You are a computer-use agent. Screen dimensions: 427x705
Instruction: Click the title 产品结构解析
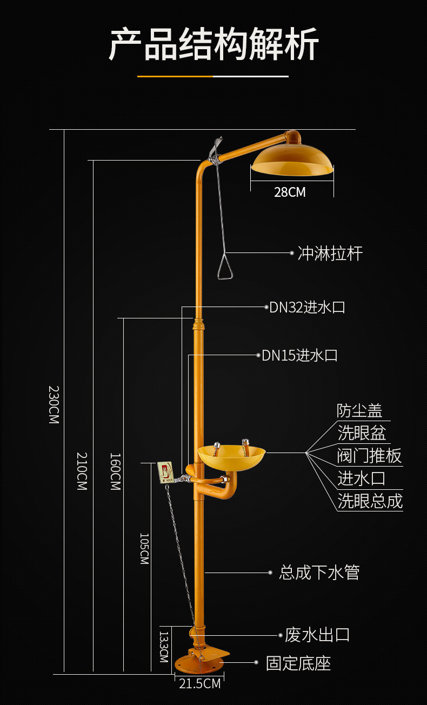213,44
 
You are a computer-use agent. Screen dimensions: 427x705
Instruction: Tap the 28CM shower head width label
290,192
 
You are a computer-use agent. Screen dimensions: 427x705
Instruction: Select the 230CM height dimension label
54,404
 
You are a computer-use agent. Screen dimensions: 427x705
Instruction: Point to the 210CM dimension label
82,471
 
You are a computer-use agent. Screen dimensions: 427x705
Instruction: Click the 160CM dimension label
115,471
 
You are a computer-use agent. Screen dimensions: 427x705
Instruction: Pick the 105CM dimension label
144,549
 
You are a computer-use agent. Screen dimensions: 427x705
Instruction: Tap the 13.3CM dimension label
164,647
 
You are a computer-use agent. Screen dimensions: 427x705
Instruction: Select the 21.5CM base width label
200,683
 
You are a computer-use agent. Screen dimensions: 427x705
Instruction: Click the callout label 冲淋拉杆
330,254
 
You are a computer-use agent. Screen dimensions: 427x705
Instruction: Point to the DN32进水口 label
307,308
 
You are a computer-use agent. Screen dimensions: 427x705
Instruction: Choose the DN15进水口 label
299,355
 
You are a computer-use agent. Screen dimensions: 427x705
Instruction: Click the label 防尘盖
359,411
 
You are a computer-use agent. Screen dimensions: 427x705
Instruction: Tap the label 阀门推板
369,456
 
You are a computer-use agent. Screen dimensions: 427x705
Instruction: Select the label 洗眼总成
370,501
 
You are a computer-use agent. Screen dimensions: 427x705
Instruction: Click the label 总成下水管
319,573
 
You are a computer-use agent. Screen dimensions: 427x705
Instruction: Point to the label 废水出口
317,635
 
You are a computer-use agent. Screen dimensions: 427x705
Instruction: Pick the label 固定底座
298,663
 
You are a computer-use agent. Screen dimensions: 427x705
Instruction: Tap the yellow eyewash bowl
231,457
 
